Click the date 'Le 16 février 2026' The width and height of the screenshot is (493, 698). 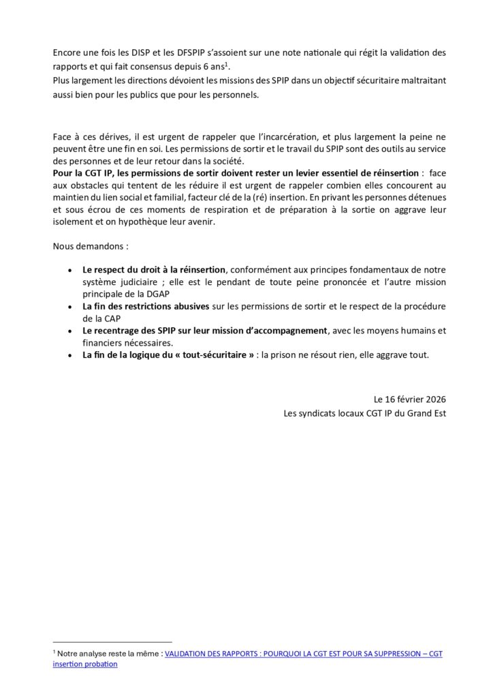(410, 399)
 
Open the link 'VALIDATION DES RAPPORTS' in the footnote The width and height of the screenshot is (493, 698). (218, 653)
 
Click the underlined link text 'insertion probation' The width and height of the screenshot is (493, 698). (85, 664)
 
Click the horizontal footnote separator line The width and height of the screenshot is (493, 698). (112, 641)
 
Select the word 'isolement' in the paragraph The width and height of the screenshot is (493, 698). (73, 222)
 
